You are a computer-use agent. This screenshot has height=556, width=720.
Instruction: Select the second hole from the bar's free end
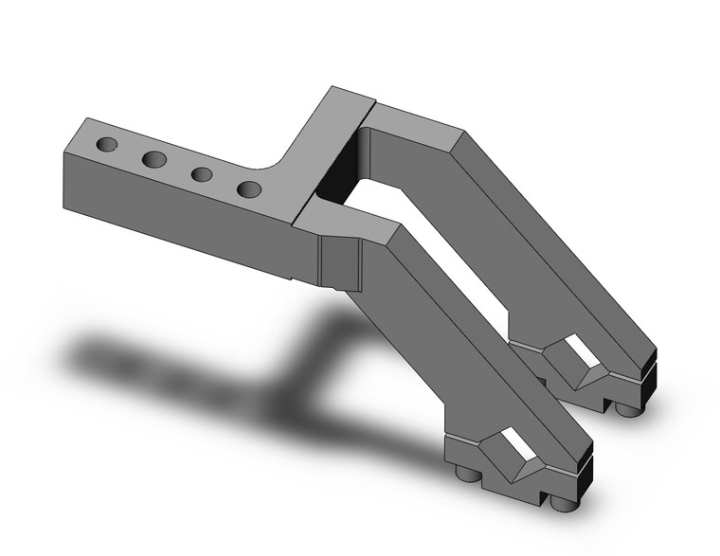coord(154,159)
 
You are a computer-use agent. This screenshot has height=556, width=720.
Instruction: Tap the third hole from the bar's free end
coord(201,174)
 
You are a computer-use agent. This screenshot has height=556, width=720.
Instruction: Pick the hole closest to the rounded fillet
coord(248,188)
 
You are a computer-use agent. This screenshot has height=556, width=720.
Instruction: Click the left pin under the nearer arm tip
coord(463,474)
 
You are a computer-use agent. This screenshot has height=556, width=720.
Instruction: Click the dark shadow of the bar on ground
coord(171,365)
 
